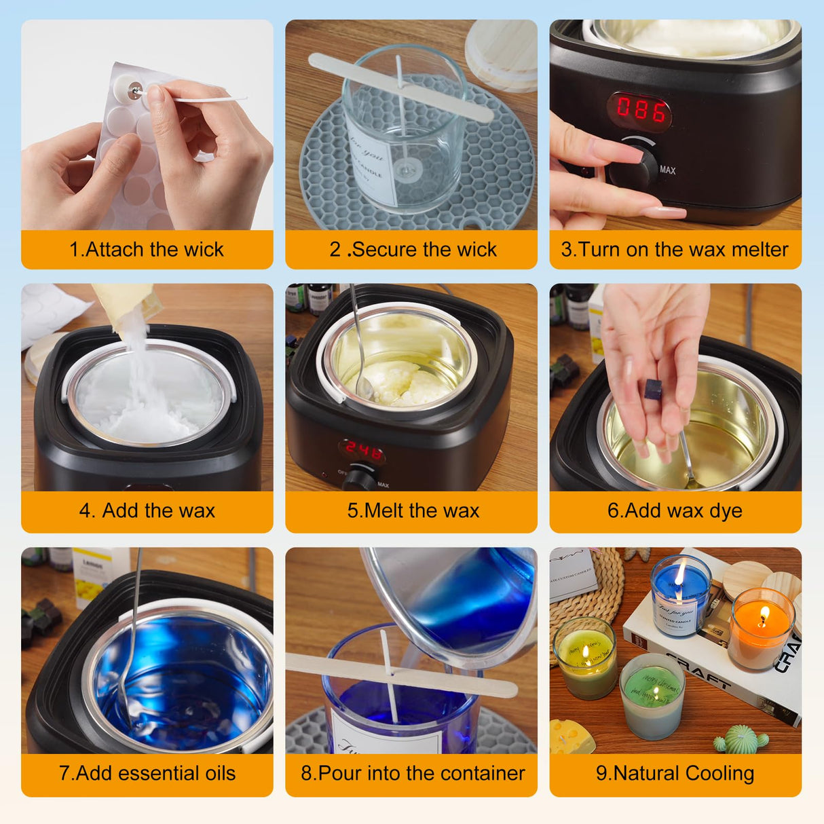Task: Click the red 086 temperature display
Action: coord(640,110)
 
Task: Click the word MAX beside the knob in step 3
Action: coord(667,170)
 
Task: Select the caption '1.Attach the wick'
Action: coord(147,250)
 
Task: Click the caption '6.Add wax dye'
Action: coord(675,510)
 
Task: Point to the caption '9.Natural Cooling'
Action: coord(675,773)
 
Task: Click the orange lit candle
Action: coord(762,629)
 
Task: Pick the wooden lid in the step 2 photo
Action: coord(502,54)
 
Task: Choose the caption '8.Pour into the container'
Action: coord(413,773)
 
